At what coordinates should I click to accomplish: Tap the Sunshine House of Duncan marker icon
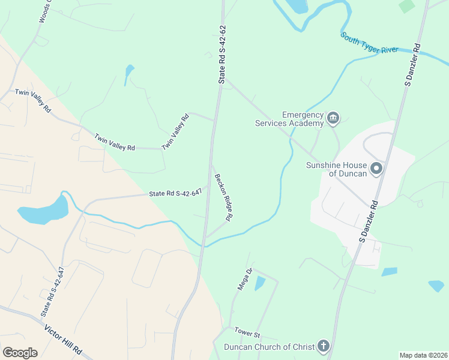[x=376, y=169]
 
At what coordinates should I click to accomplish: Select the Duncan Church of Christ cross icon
[x=323, y=346]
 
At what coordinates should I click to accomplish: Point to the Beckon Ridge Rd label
[x=223, y=197]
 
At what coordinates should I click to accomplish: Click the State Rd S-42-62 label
[x=222, y=54]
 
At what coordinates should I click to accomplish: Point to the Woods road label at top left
[x=44, y=12]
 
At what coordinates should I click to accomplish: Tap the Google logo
[x=20, y=353]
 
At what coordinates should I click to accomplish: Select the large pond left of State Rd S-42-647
[x=43, y=210]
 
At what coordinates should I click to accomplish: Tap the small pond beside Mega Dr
[x=259, y=283]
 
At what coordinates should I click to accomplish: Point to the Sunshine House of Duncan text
[x=336, y=170]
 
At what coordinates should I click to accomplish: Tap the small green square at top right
[x=406, y=5]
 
